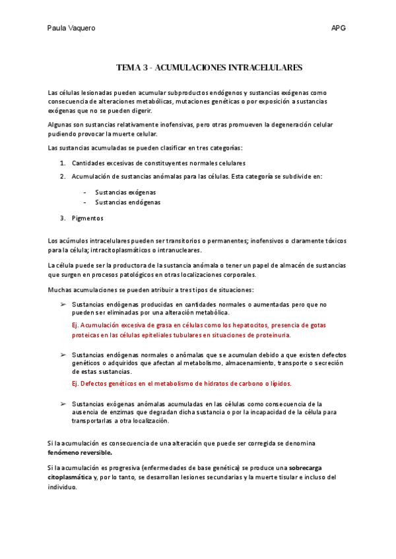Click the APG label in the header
pos(339,28)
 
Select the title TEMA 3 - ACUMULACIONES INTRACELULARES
pos(209,67)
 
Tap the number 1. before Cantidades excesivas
pos(63,163)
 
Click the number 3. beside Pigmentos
pos(63,218)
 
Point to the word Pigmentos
pos(88,218)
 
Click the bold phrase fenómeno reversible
pos(80,453)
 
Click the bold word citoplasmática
pos(70,477)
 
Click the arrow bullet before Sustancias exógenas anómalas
pos(63,403)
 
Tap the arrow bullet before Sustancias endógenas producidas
pos(63,305)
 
